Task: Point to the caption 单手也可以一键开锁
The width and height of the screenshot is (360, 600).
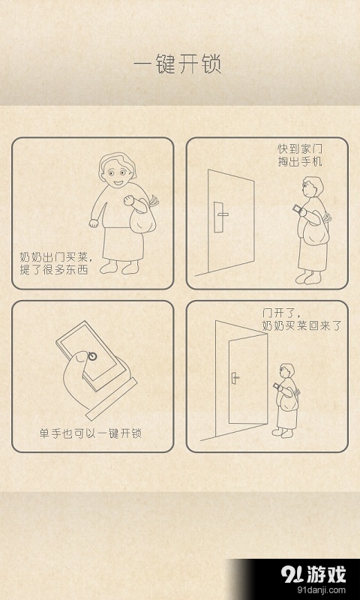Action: point(91,433)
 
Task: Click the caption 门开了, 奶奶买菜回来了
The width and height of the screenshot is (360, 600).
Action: point(301,319)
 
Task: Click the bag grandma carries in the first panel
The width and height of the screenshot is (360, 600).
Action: point(142,218)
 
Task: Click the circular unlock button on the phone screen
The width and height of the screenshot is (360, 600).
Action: point(91,355)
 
